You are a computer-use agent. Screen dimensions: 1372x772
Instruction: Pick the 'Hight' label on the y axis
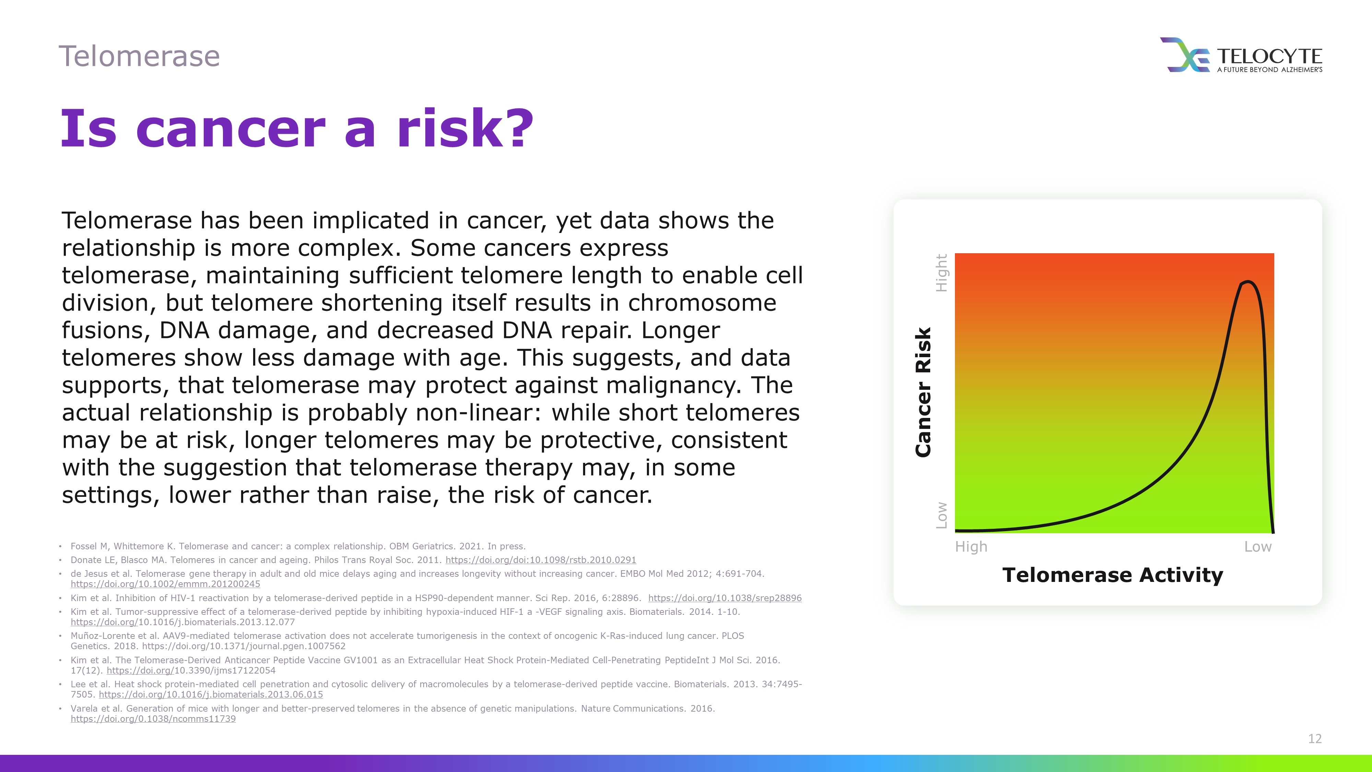pos(942,273)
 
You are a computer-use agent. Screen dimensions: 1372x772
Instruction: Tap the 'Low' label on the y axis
pos(942,516)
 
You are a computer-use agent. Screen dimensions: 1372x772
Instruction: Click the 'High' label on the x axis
pos(971,547)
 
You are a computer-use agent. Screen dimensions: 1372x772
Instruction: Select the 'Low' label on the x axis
pos(1257,547)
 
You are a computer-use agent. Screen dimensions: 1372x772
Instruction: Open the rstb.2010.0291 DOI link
pos(541,560)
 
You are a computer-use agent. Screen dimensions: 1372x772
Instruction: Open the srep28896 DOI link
pos(725,598)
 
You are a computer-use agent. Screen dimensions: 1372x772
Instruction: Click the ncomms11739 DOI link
pos(153,719)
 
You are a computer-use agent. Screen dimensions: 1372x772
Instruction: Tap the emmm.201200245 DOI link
pos(166,584)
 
